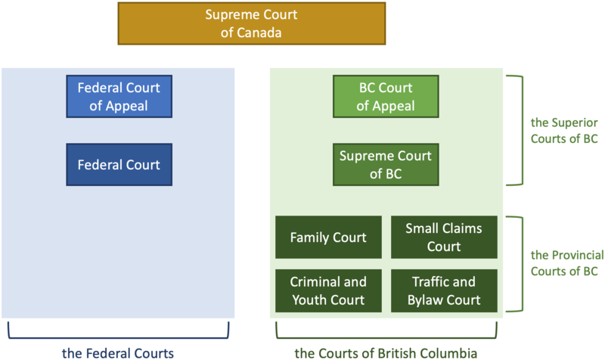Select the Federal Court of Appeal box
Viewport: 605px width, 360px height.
[119, 97]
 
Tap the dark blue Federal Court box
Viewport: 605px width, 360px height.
[119, 164]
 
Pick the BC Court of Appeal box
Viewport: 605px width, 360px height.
[386, 97]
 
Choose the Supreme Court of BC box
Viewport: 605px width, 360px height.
[386, 164]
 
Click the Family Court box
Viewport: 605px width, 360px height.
[328, 237]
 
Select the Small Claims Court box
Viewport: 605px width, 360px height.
[444, 237]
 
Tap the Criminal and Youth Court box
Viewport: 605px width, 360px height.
[328, 290]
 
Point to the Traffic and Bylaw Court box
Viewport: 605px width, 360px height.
[444, 290]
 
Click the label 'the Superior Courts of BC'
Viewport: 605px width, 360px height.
[564, 130]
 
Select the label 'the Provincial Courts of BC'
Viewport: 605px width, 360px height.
[564, 264]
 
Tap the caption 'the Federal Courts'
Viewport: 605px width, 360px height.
[118, 351]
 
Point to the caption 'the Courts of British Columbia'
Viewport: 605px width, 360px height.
[386, 351]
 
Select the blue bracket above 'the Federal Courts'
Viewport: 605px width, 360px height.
[118, 334]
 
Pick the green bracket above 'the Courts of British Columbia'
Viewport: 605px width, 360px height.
[386, 334]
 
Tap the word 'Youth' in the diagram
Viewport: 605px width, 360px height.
[311, 299]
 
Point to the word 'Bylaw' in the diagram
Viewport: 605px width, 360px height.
[430, 299]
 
